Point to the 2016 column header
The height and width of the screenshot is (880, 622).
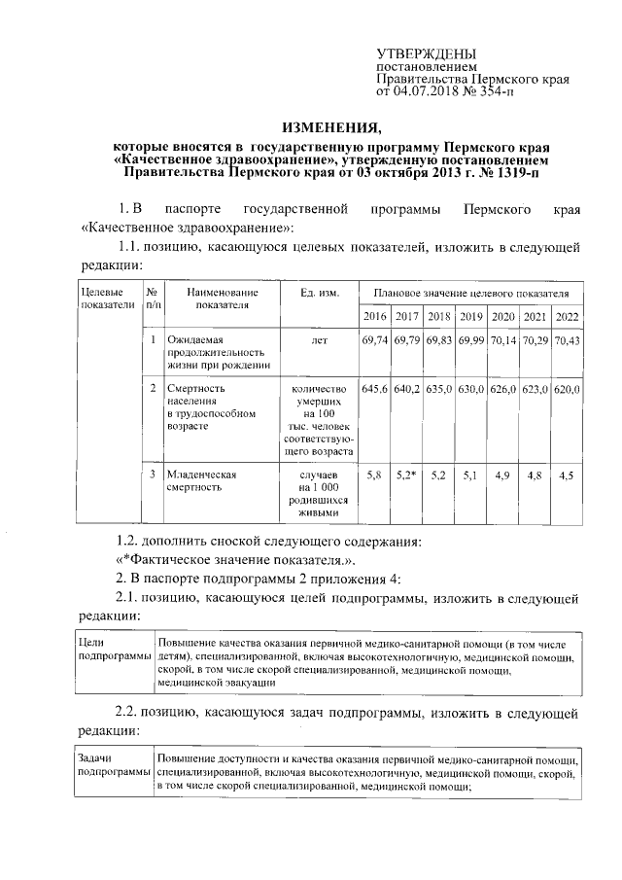[374, 317]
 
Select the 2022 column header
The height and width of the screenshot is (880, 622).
[567, 317]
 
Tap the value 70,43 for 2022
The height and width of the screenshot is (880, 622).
[567, 340]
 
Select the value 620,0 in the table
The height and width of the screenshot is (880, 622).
[567, 389]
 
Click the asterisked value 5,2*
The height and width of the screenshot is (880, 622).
[406, 475]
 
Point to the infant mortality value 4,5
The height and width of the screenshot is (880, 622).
[567, 475]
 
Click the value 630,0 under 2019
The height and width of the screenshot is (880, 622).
[471, 389]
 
